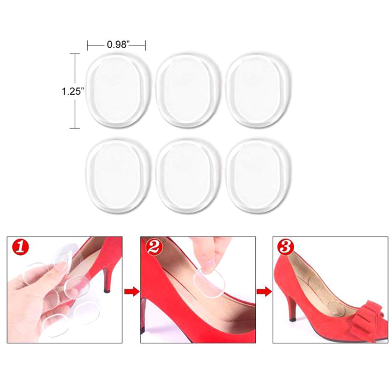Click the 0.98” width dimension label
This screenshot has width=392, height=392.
(118, 45)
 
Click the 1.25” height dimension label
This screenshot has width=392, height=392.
(72, 91)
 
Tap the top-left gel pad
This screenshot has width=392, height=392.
(118, 91)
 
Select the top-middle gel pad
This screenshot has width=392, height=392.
(188, 91)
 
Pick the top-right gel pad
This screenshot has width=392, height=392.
(259, 91)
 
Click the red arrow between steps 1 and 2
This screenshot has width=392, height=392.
(131, 292)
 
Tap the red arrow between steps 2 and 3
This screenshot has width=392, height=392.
(264, 292)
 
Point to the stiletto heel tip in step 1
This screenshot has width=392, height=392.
(107, 291)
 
